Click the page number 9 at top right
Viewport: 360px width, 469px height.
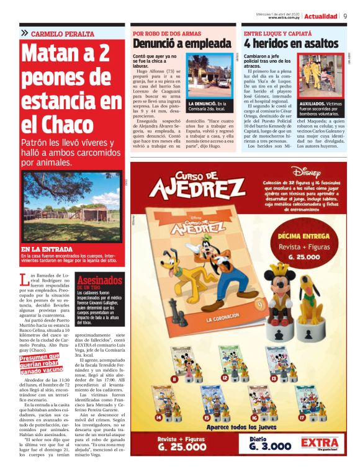(x=345, y=16)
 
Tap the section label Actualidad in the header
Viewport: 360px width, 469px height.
(x=321, y=16)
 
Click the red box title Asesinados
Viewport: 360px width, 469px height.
(x=99, y=280)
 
